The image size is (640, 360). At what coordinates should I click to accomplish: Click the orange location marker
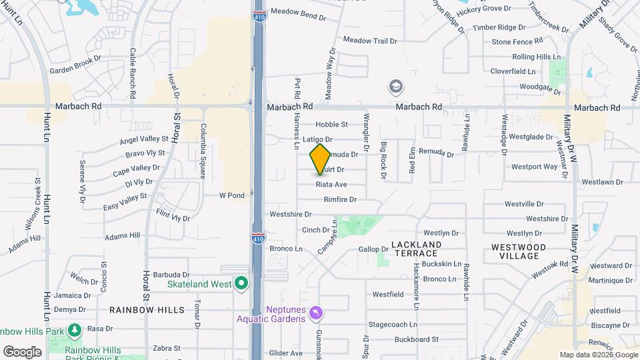point(321,159)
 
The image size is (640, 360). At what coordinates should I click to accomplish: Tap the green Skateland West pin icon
point(241,284)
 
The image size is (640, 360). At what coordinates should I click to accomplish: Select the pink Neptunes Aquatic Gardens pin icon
point(317,312)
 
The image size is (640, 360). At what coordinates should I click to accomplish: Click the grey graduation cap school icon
point(396,87)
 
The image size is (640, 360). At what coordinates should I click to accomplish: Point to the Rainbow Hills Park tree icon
point(75,330)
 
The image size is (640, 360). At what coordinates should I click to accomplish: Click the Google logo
point(22,351)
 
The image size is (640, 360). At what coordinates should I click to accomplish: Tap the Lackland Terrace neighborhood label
point(417,249)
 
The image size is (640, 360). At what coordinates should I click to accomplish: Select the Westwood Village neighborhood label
point(519,251)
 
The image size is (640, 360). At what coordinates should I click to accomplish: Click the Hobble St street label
point(331,124)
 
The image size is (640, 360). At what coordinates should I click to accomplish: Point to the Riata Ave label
point(331,185)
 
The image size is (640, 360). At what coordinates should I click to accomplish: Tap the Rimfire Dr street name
point(340,199)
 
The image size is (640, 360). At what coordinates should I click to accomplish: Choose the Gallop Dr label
point(373,249)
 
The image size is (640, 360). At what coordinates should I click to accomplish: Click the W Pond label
point(232,195)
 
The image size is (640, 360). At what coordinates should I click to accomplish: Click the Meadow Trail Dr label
point(369,41)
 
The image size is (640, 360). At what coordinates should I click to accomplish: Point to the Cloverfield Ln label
point(513,71)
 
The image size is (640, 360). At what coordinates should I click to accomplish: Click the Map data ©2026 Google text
point(598,355)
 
